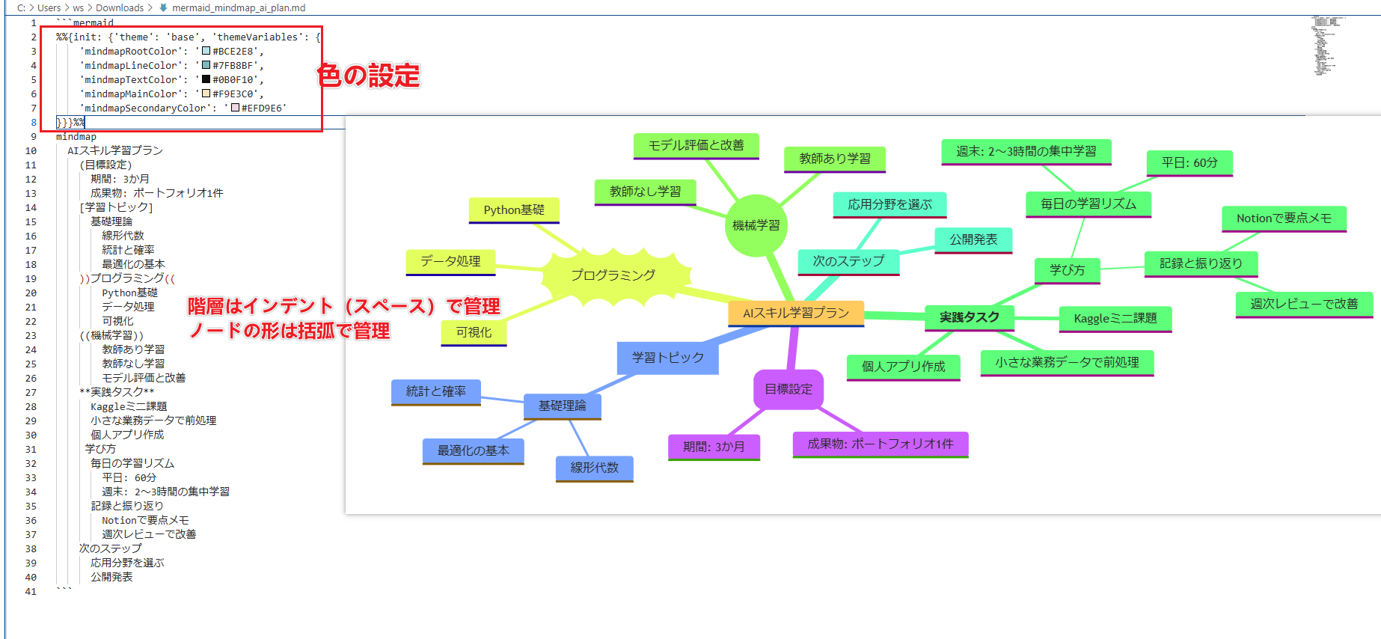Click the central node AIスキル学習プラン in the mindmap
click(796, 313)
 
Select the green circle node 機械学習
click(756, 225)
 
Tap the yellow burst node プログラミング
click(613, 275)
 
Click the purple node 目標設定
click(789, 389)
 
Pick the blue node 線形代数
click(595, 468)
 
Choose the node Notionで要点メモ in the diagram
click(1284, 218)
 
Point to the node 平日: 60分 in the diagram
click(1189, 162)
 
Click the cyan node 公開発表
click(973, 239)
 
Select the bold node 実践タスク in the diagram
click(970, 317)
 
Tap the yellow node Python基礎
click(514, 210)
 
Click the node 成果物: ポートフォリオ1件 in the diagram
click(881, 444)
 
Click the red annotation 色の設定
click(369, 76)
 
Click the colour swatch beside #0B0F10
click(206, 79)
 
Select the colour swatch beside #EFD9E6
click(235, 108)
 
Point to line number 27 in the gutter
click(31, 392)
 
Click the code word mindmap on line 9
click(76, 137)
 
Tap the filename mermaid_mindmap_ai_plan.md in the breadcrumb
click(239, 8)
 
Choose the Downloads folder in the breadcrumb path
click(120, 8)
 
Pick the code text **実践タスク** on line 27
click(117, 392)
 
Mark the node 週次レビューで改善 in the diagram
click(1304, 304)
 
